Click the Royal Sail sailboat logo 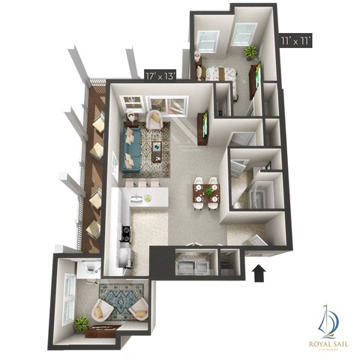(328, 320)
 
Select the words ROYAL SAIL (328, 343)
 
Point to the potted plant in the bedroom (250, 52)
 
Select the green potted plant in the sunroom (81, 324)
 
